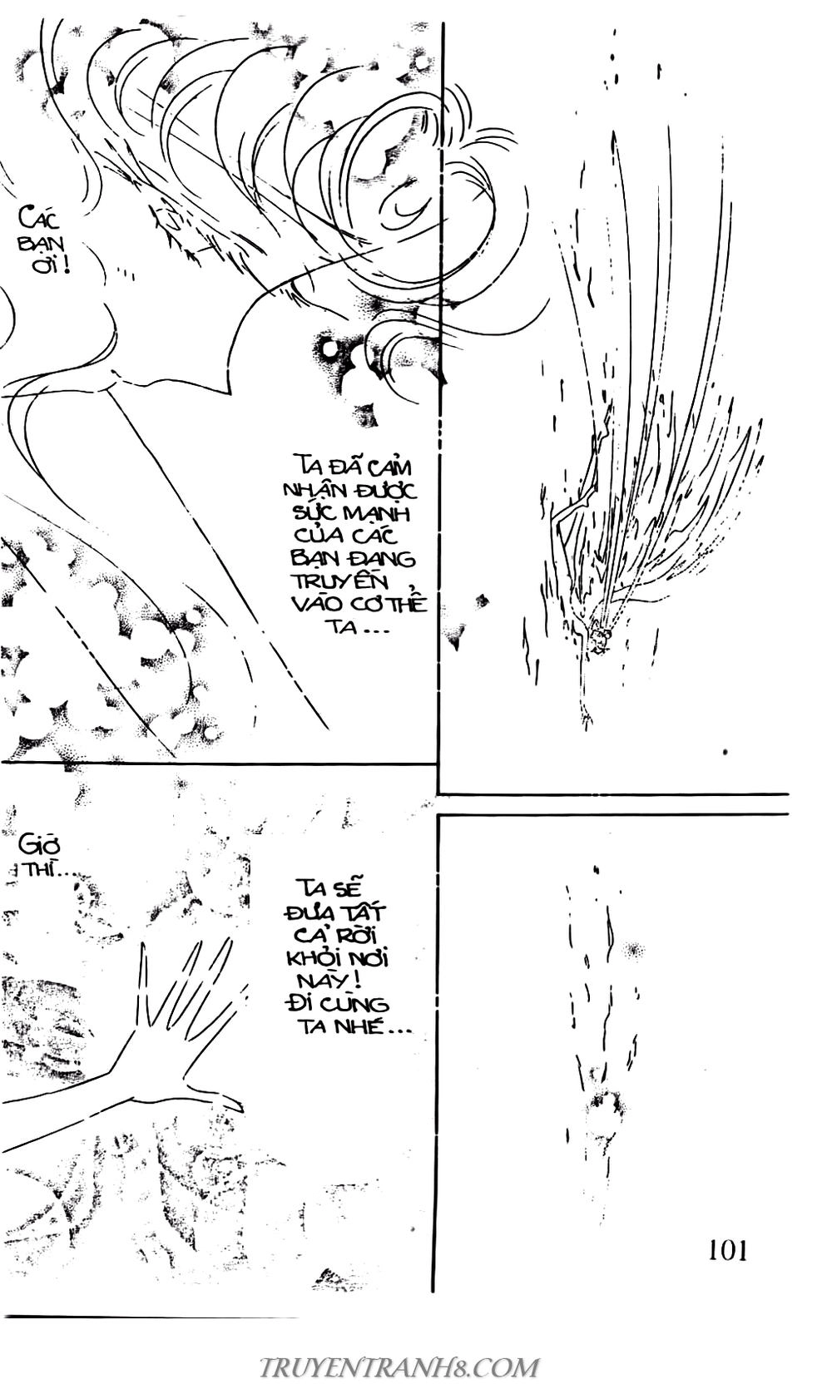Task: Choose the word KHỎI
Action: (x=314, y=959)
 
